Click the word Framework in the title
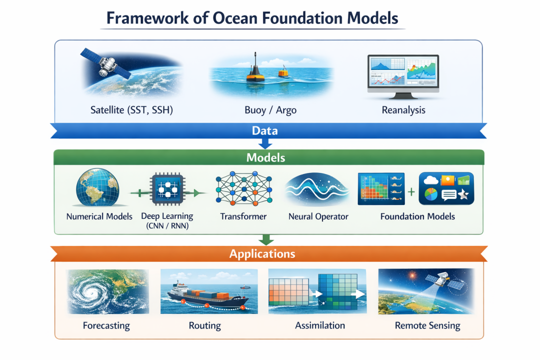pyautogui.click(x=147, y=18)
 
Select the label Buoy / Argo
pyautogui.click(x=270, y=110)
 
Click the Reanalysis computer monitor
pyautogui.click(x=403, y=76)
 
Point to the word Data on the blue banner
pyautogui.click(x=264, y=130)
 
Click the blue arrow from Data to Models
pyautogui.click(x=265, y=143)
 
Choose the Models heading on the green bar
pyautogui.click(x=265, y=157)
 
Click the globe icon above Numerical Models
pyautogui.click(x=97, y=187)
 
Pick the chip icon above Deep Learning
pyautogui.click(x=167, y=189)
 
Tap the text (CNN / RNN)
pyautogui.click(x=167, y=226)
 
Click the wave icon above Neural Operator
pyautogui.click(x=317, y=189)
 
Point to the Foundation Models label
pyautogui.click(x=417, y=216)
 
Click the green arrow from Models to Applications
pyautogui.click(x=266, y=240)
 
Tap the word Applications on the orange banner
pyautogui.click(x=262, y=253)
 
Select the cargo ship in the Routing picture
pyautogui.click(x=208, y=295)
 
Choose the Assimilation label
pyautogui.click(x=319, y=325)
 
